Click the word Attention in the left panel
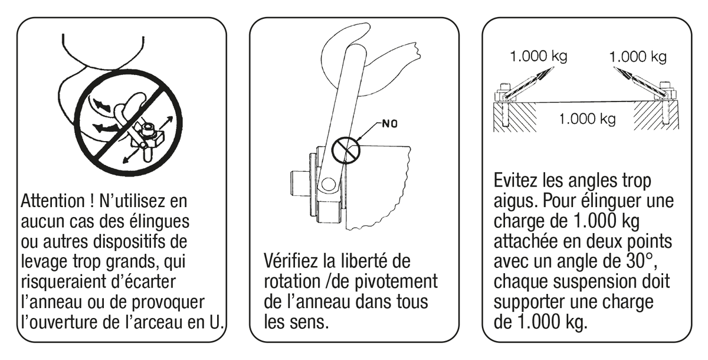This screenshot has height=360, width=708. coord(53,201)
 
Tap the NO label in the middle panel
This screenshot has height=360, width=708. coord(390,123)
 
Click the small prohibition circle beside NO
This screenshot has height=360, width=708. coord(346,150)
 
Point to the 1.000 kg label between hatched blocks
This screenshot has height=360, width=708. coord(588,119)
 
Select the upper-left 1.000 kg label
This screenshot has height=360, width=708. coord(539,56)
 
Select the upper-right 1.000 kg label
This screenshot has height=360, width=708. coord(638,57)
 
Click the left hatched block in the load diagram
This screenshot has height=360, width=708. coord(515,117)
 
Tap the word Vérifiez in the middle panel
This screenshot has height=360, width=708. coord(290,261)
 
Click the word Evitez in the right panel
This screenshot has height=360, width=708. coord(516,181)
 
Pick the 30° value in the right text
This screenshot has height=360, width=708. coord(635,261)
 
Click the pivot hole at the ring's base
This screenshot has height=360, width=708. coord(328,184)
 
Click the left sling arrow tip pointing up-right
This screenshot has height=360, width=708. coord(554,67)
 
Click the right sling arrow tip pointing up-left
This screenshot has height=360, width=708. coord(614,68)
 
